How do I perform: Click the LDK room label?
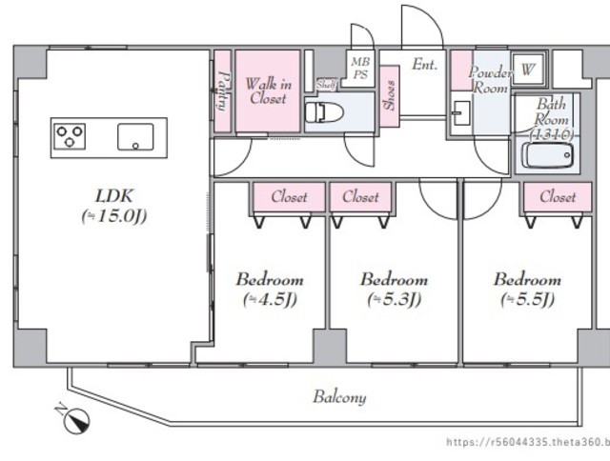(x=113, y=206)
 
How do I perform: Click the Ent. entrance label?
(x=425, y=65)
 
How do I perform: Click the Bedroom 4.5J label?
(x=270, y=290)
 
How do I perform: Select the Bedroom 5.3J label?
(x=394, y=290)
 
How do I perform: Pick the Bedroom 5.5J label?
(x=527, y=290)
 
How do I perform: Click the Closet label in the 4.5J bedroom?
(x=289, y=197)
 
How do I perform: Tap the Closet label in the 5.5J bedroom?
(x=558, y=197)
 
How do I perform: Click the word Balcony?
(x=339, y=397)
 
